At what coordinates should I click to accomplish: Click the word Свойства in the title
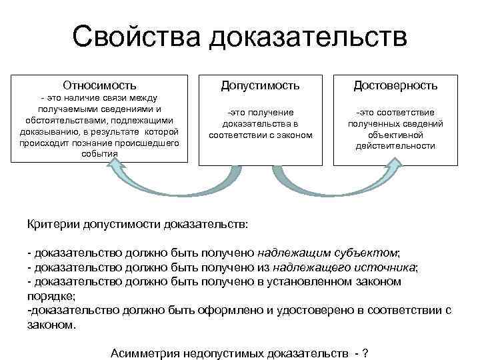pos(135,37)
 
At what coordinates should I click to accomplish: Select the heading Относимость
pos(99,85)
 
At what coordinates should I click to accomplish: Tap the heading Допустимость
pos(260,85)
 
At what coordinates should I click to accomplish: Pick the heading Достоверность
pos(396,85)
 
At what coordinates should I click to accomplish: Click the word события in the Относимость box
pos(99,154)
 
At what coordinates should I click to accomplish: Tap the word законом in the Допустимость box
pos(294,135)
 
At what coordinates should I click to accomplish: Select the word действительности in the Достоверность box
pos(396,145)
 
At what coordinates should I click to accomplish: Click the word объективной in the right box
pos(396,135)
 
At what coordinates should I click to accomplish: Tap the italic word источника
pos(386,267)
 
